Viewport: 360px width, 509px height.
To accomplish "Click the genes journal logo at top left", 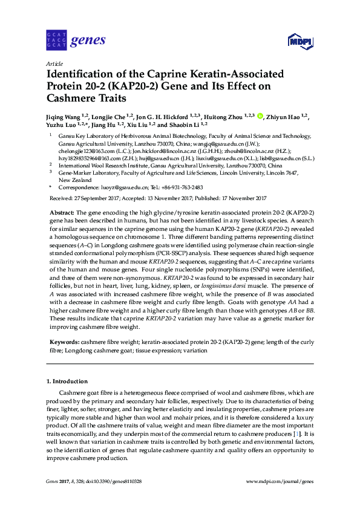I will tap(76, 41).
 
